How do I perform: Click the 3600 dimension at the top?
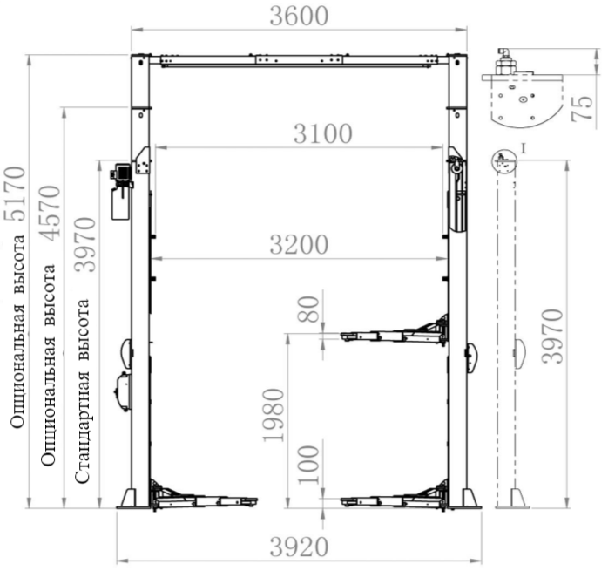point(299,17)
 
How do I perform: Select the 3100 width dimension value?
point(322,134)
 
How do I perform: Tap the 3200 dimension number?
point(299,245)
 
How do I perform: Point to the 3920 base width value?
point(299,547)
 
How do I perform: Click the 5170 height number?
point(16,194)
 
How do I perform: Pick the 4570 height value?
point(51,213)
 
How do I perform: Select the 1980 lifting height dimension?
point(274,415)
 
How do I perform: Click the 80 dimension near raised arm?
point(308,309)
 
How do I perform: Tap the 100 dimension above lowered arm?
point(308,465)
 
